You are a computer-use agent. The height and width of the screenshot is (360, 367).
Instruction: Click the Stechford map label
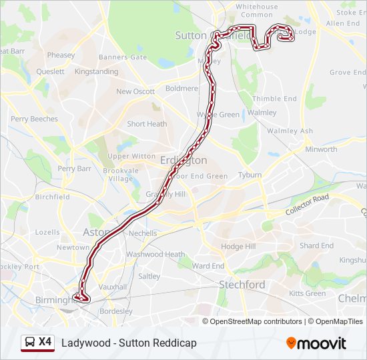pos(242,285)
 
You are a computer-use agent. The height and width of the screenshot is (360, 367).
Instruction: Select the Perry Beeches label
pos(34,119)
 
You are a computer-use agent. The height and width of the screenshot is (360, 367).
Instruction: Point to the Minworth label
pos(321,149)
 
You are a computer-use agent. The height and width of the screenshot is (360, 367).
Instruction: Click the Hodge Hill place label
pos(238,246)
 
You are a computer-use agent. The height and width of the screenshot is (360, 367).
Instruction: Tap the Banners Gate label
pos(123,57)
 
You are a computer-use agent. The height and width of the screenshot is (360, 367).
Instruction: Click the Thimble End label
pos(274,99)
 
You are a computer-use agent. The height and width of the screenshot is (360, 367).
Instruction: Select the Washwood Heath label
pos(155,254)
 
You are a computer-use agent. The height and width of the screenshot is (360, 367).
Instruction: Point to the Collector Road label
pos(308,204)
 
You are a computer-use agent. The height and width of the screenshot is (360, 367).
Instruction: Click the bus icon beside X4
pos(29,342)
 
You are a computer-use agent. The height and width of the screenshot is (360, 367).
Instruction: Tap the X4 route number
pos(45,342)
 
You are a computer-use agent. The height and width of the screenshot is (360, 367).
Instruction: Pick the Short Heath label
pos(147,124)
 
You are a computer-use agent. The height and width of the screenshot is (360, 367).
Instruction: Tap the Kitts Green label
pos(308,293)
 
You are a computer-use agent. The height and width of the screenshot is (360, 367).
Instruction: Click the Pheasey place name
pos(61,55)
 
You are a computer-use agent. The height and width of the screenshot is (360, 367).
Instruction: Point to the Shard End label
pos(316,245)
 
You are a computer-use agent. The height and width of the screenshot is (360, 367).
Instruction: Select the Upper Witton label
pos(131,156)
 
